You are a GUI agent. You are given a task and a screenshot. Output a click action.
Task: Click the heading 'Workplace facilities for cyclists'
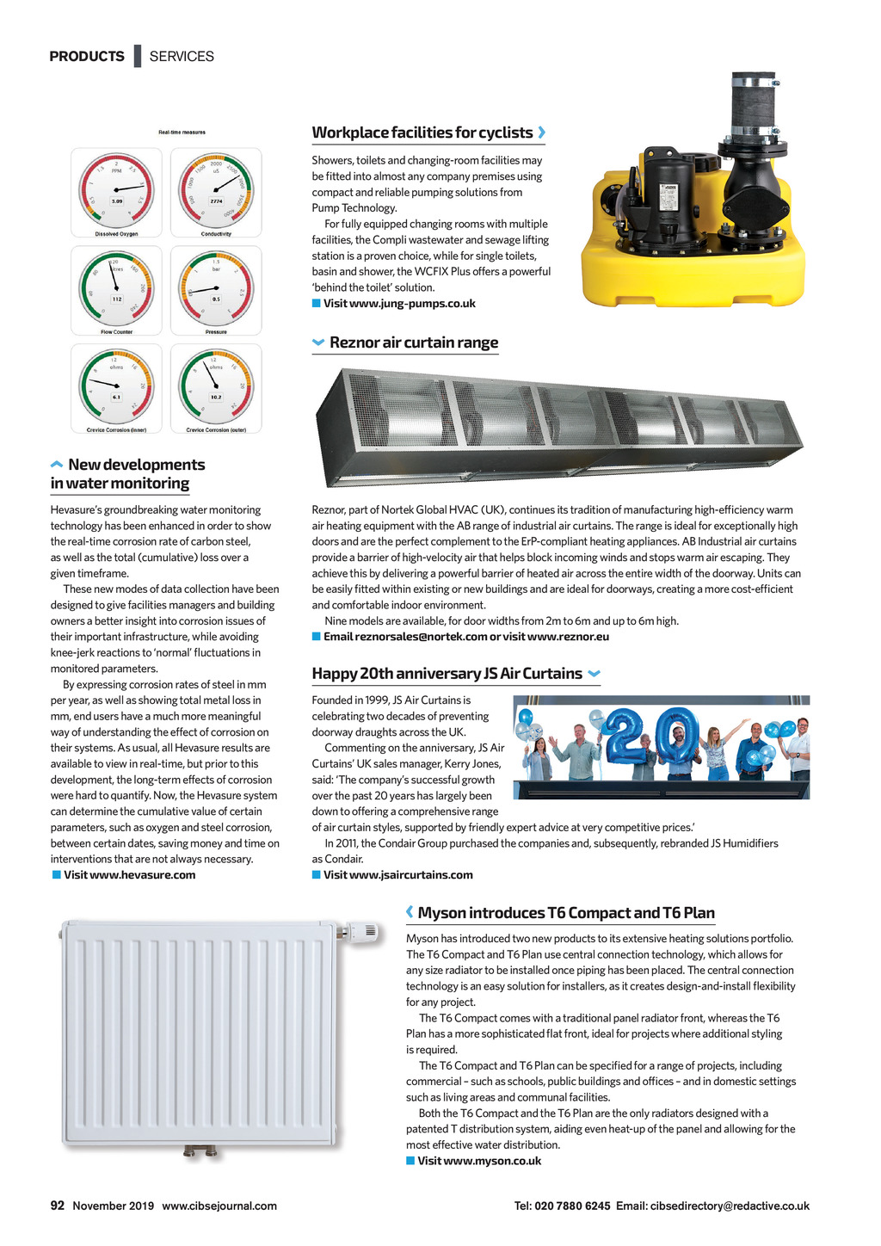click(x=422, y=133)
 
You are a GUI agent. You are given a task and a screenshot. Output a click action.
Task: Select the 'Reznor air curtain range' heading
click(x=414, y=342)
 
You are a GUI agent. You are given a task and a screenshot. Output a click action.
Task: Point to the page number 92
click(x=58, y=1206)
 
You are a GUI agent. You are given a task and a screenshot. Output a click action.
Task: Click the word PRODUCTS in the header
click(x=87, y=57)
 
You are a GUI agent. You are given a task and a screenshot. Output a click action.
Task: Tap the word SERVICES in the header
click(x=182, y=57)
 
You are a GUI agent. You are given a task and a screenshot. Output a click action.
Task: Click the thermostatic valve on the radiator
click(x=361, y=932)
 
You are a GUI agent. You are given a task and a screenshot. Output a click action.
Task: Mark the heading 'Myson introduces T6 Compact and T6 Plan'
click(x=566, y=913)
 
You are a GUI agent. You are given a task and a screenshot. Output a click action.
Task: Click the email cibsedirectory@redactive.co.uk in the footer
click(x=730, y=1206)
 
